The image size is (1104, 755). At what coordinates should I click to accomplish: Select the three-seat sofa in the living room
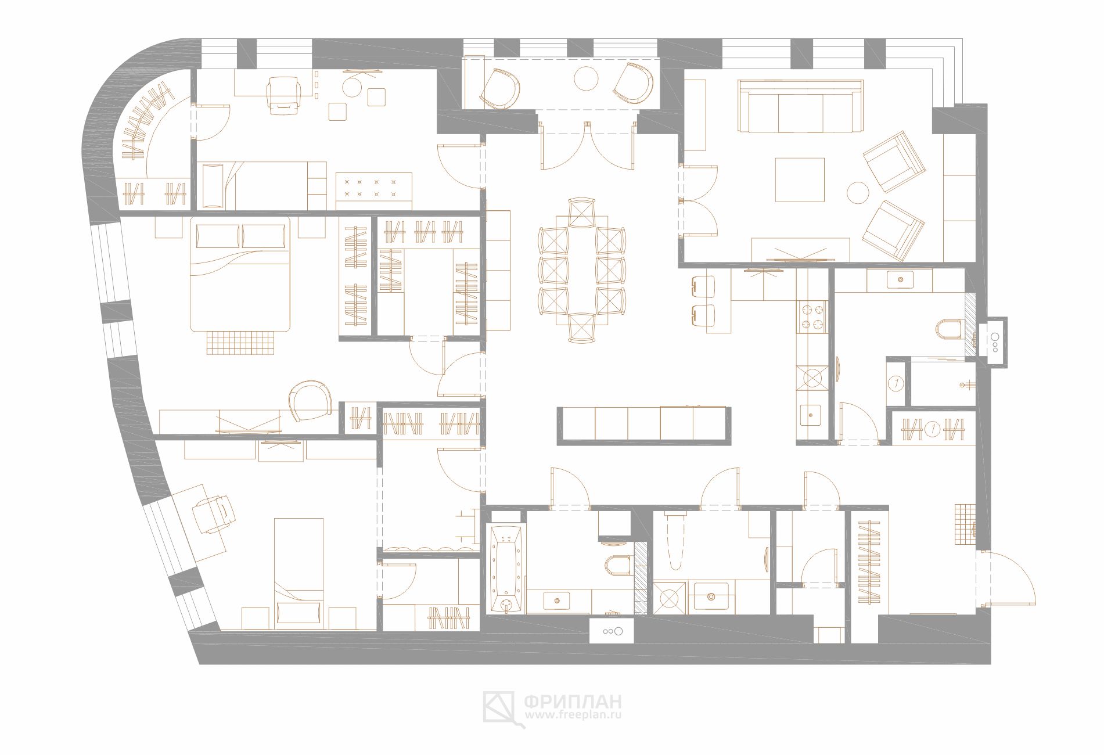pyautogui.click(x=800, y=106)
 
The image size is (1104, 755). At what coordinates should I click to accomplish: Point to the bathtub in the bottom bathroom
pyautogui.click(x=508, y=569)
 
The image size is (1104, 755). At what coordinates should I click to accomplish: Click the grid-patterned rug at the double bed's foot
pyautogui.click(x=240, y=342)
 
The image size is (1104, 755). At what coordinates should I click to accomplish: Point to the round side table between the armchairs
pyautogui.click(x=857, y=193)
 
